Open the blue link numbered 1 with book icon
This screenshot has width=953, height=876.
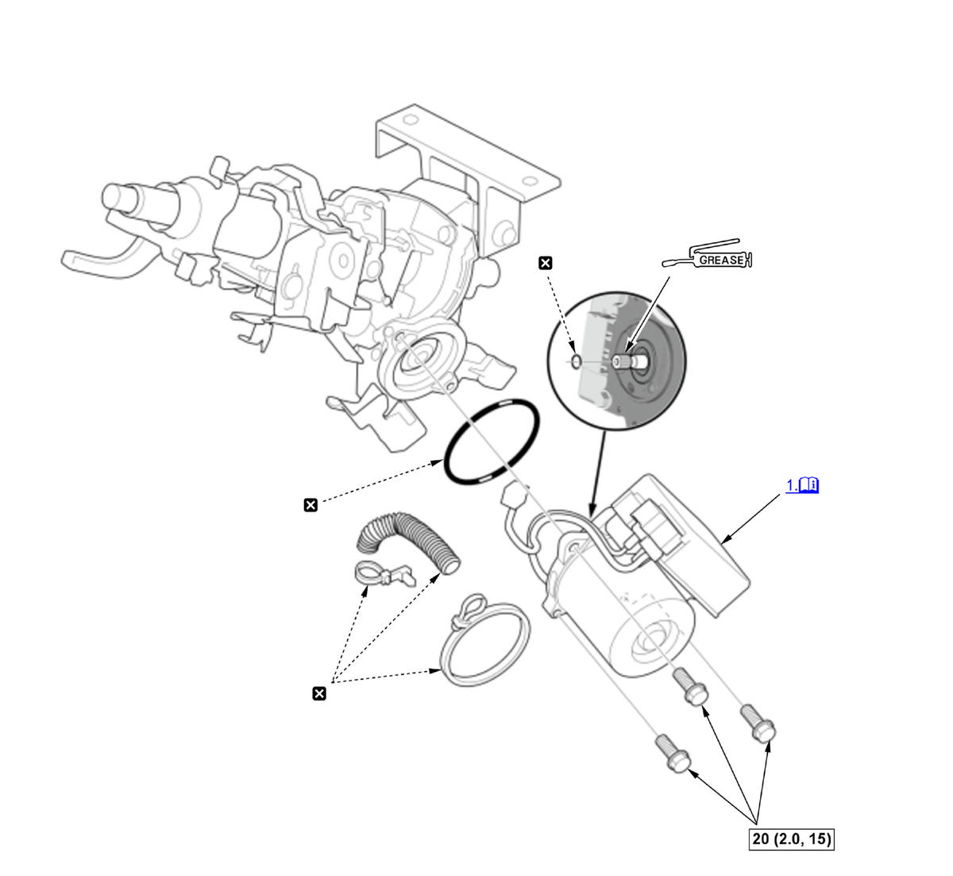802,485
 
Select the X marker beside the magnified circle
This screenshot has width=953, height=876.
546,263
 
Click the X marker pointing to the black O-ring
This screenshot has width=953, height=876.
311,504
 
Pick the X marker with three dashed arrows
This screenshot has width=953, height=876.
319,694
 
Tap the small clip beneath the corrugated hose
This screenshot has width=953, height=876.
381,573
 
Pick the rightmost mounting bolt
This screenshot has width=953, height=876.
758,722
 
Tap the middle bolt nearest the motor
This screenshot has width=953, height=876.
690,685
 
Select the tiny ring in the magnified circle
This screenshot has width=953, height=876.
576,361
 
